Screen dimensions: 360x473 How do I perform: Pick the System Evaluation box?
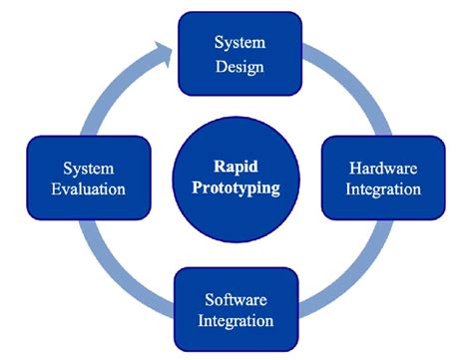click(88, 177)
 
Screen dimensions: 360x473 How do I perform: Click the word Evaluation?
click(88, 188)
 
